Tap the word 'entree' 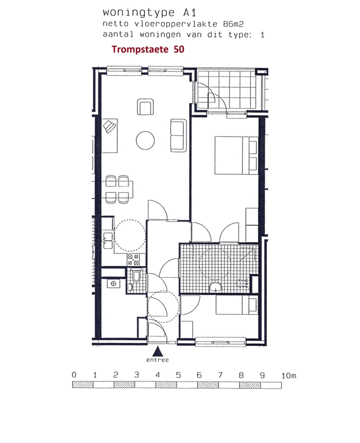point(157,360)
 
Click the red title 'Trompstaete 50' point(148,49)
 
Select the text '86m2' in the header point(233,24)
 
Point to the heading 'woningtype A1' point(149,12)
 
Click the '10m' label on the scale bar point(289,375)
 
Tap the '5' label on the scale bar point(178,375)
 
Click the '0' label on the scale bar point(74,375)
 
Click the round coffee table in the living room point(145,140)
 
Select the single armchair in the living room point(146,107)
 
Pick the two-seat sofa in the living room point(178,136)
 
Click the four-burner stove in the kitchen point(133,260)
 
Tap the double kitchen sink point(108,241)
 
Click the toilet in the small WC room point(137,276)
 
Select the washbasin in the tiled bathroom point(216,287)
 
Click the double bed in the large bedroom point(236,155)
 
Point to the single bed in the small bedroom point(236,305)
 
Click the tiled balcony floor point(227,90)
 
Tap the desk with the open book point(109,136)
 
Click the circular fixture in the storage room point(114,284)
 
